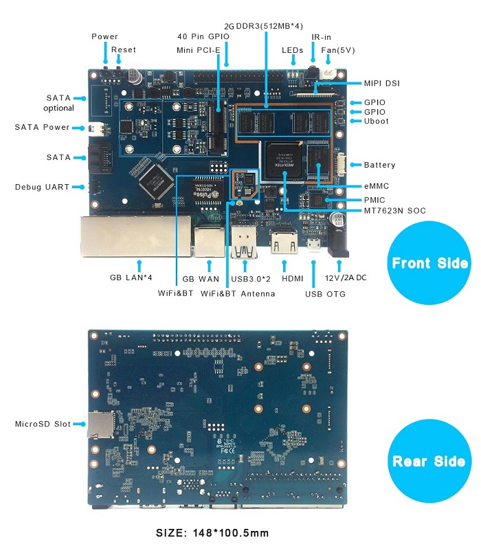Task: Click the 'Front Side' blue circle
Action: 429,262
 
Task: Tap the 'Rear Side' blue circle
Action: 429,461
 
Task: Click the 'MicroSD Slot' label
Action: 43,424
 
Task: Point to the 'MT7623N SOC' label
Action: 394,211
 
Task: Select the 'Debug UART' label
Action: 42,187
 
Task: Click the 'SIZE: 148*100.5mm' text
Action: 212,533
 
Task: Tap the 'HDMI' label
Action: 293,279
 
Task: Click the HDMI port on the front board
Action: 284,242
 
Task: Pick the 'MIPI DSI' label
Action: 382,83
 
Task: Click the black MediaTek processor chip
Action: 284,160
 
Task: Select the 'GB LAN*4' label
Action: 131,277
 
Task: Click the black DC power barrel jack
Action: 337,242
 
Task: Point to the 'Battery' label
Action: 380,165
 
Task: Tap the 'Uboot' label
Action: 376,121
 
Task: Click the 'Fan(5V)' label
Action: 338,50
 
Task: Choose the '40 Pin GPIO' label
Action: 203,36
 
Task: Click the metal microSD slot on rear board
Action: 100,424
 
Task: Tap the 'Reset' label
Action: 124,49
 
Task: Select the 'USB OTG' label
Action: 325,294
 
